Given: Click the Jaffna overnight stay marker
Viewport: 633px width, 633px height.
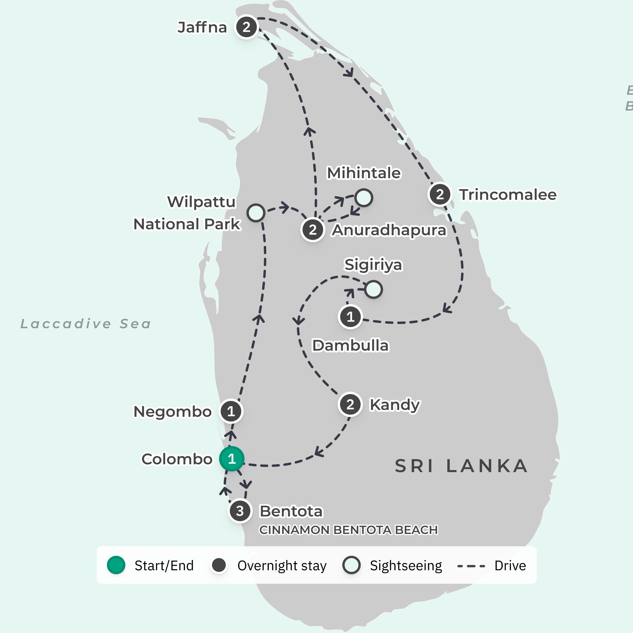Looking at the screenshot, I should coord(246,27).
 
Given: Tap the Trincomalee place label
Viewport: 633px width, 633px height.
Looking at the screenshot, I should coord(508,195).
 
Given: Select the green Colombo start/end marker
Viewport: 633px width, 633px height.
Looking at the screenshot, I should coord(232,459).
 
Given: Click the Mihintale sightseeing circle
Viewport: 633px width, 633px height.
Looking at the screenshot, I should coord(364,198).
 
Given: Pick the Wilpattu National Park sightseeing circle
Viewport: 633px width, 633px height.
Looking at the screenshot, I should coord(256,213).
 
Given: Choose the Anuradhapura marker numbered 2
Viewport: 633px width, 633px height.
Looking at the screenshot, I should coord(313,230).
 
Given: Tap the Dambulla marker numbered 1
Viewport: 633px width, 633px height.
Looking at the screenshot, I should coord(350,317).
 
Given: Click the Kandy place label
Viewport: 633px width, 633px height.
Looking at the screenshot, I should coord(394,405).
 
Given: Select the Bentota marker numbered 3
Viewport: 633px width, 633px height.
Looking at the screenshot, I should coord(240,511).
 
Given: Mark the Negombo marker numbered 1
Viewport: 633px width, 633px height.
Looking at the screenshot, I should coord(231,411).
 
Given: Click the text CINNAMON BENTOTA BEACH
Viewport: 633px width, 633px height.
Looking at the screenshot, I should coord(348,530).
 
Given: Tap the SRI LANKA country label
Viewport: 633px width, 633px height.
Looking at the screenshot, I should coord(461,466).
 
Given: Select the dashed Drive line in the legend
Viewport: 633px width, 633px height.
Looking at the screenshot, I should coord(471,566).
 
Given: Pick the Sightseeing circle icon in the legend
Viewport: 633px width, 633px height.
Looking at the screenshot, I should coord(351,565).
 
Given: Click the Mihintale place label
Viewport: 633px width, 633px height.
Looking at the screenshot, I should coord(364,173).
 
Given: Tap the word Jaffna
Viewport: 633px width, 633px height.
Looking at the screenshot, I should coord(202,28).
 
